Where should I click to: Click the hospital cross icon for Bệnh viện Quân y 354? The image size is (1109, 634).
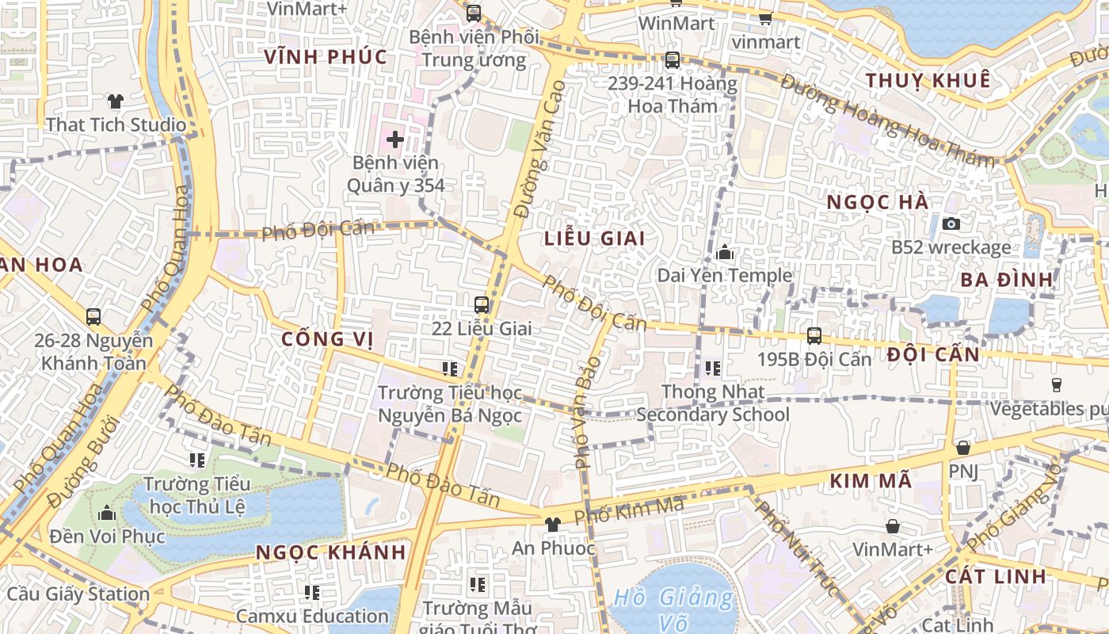click(394, 140)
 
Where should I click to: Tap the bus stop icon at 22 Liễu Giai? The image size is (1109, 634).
click(482, 304)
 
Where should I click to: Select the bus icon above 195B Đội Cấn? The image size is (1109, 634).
click(814, 335)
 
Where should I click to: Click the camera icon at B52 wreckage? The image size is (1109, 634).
click(951, 223)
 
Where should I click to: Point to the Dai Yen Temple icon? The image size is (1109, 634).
click(724, 253)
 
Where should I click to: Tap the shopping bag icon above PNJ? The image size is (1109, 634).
click(963, 448)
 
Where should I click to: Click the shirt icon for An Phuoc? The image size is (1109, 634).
click(552, 524)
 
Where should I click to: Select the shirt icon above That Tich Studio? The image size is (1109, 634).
click(116, 101)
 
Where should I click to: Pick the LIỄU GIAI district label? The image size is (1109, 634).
click(594, 239)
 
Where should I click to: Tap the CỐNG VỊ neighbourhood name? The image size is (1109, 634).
click(327, 339)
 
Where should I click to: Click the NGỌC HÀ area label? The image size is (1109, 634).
click(877, 202)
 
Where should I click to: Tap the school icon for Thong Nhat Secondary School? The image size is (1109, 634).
click(712, 369)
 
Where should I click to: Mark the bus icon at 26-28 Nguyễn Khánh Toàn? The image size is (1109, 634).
click(93, 317)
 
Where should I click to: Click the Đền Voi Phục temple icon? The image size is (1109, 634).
click(107, 514)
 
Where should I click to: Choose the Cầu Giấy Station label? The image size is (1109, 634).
click(78, 594)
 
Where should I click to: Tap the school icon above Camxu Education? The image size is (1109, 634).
click(312, 592)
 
